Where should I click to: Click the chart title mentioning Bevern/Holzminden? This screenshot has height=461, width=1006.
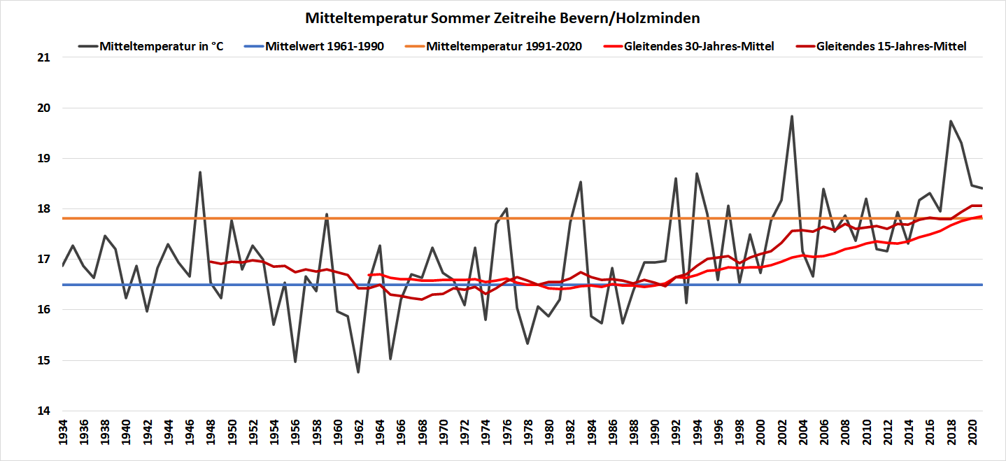[502, 17]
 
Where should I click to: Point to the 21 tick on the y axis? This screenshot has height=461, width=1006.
[43, 57]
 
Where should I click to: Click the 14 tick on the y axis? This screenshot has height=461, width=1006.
[43, 411]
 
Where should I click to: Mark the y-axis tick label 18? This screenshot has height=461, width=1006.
[43, 209]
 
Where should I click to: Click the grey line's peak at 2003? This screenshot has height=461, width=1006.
[792, 116]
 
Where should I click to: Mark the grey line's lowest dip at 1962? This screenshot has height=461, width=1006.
[358, 371]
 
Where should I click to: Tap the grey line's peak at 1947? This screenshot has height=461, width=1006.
[200, 172]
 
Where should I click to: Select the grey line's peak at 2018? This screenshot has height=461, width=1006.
[951, 121]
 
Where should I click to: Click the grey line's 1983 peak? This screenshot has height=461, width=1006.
[581, 182]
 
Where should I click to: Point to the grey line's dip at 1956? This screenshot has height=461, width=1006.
[295, 361]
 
